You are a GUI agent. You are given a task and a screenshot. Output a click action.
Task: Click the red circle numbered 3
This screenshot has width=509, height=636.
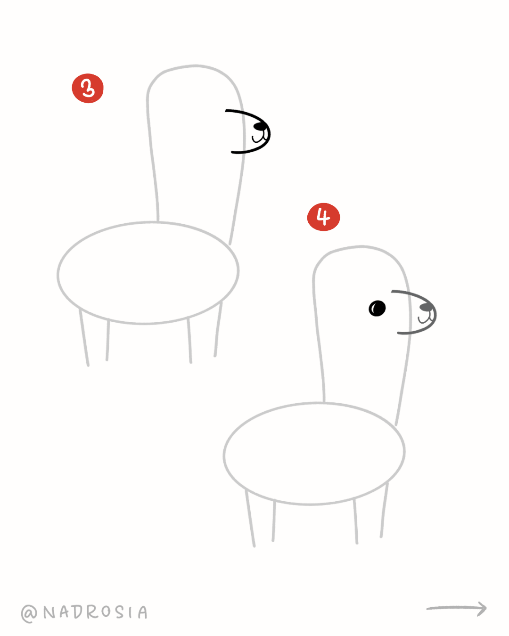pos(88,88)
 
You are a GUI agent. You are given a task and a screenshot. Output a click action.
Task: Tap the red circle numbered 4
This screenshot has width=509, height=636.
pos(323,217)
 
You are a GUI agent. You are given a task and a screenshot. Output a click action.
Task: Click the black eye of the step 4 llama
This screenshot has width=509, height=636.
pos(377,308)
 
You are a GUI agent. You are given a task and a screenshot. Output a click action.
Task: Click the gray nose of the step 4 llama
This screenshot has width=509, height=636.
pos(426,307)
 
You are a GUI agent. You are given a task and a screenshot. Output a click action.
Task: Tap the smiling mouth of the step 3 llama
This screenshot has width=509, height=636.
pos(258,138)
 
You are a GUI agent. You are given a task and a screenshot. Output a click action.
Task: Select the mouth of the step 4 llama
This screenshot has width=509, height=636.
pos(425,318)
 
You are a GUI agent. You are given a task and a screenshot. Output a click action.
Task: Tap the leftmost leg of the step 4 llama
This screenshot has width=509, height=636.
pos(250,518)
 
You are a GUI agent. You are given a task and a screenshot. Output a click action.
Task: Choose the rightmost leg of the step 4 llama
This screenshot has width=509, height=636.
pos(385,510)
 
